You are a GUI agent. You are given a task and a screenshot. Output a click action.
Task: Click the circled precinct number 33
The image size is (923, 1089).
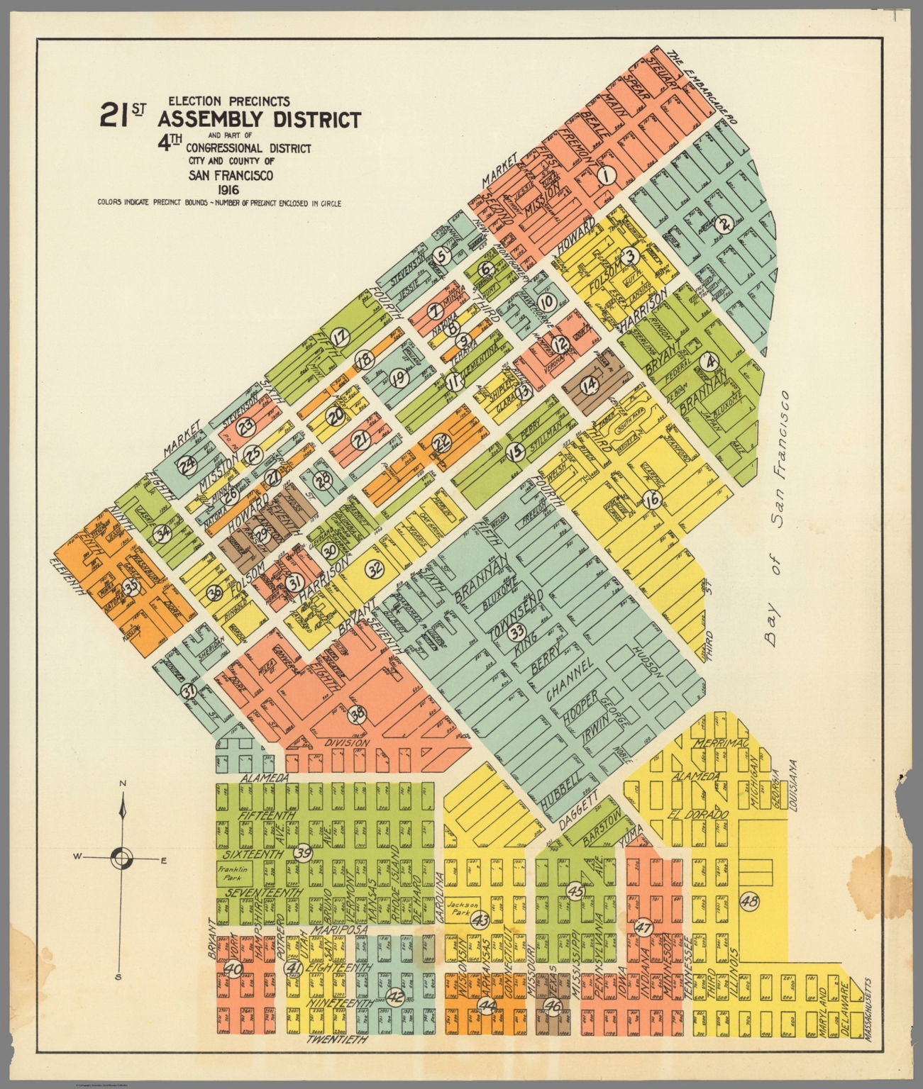517,631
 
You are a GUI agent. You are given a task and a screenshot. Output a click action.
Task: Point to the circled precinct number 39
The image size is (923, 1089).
303,853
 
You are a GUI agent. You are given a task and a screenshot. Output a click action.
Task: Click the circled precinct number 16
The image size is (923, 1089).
652,500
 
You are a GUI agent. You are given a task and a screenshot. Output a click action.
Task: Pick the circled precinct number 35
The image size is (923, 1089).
130,586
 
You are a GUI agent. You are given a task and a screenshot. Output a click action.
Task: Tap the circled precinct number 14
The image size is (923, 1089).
589,384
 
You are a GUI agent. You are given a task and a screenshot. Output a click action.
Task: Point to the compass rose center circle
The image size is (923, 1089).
121,859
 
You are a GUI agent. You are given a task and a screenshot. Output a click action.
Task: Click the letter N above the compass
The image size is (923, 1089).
123,783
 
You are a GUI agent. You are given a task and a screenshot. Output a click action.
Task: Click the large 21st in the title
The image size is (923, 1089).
122,115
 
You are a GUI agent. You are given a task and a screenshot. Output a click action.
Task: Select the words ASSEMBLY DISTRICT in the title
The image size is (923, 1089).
260,120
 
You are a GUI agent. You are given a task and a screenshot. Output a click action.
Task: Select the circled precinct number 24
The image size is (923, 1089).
187,466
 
